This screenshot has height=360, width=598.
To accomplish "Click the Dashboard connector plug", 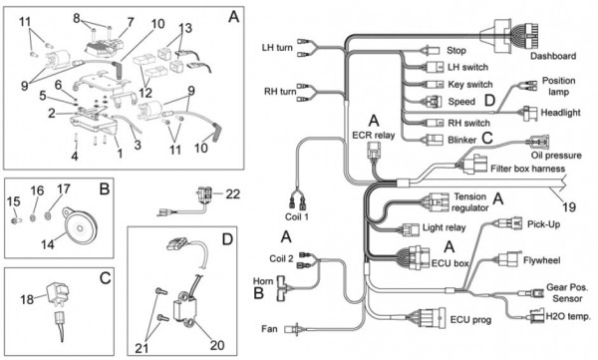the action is (512, 36).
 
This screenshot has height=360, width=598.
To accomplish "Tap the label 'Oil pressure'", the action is (556, 156).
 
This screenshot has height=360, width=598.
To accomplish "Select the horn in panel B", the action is (79, 224).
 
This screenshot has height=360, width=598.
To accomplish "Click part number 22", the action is (232, 193).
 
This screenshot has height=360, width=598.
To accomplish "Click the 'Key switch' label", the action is (470, 85).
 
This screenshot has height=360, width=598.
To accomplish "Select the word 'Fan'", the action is (269, 329).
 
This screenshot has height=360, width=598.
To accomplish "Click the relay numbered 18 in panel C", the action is (57, 294).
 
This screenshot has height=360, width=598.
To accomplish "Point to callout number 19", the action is (568, 206).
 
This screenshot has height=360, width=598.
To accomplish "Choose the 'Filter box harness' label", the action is (527, 169).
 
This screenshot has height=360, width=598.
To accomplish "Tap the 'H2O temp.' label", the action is (568, 316).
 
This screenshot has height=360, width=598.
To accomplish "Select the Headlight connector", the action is (530, 114).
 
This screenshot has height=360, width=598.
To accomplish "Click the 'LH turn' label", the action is (277, 48).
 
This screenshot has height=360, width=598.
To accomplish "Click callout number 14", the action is (48, 244).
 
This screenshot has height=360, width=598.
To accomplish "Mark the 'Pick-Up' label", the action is (543, 224).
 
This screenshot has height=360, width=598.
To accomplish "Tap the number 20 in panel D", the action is (217, 345).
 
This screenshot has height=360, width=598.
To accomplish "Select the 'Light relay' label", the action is (444, 228).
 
